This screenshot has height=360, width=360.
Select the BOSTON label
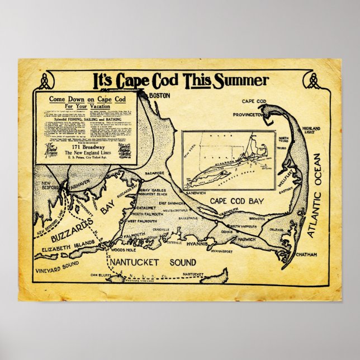coord(159,96)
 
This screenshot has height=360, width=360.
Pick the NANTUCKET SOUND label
coord(151,262)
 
